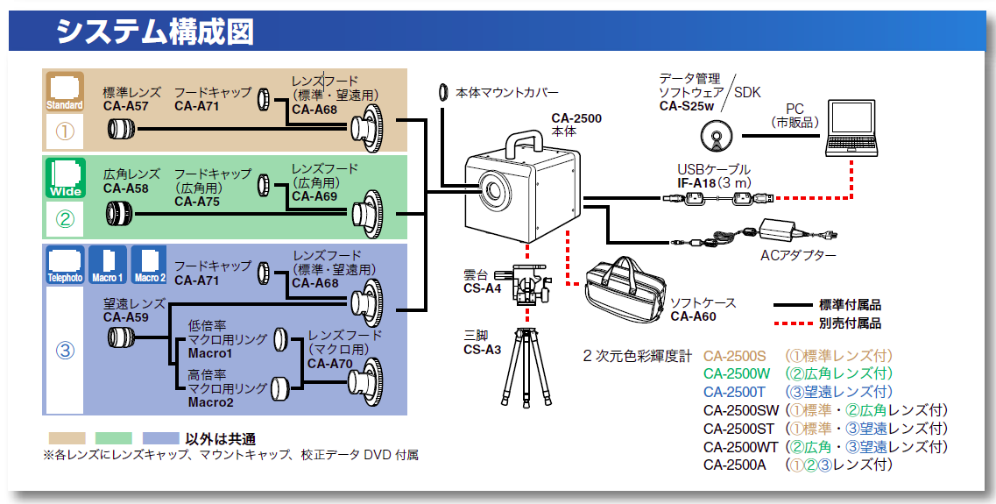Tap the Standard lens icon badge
65,92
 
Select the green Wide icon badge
65,176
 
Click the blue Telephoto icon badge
65,264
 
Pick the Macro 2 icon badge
149,264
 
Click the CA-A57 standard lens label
125,107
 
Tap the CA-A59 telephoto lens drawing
119,337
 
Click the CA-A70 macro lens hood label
328,364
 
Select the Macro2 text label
210,402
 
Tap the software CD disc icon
717,137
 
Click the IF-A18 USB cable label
697,182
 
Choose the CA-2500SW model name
740,409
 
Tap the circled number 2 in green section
65,219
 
